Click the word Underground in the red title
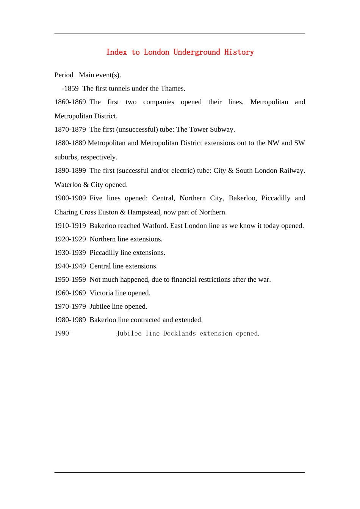(197, 52)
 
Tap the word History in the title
(239, 52)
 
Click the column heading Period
(64, 75)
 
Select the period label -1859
(70, 89)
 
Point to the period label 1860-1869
(70, 102)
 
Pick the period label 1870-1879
(70, 130)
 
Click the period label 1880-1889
(70, 143)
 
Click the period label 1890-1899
(70, 171)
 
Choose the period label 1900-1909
(70, 198)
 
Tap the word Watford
(155, 226)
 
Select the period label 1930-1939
(70, 253)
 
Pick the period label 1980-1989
(70, 320)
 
